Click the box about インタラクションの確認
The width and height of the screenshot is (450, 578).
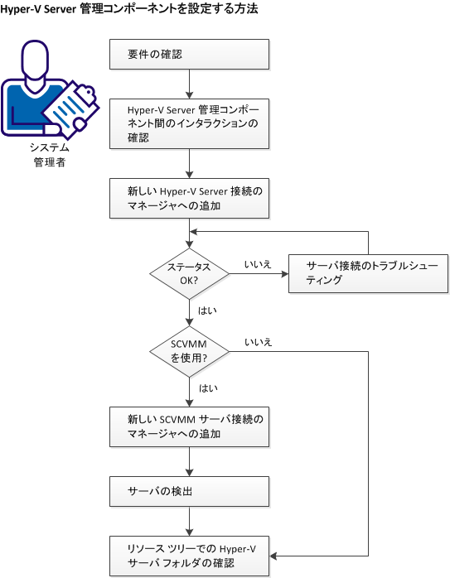(x=191, y=123)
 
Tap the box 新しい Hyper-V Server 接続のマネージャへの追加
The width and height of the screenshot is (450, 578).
(x=191, y=198)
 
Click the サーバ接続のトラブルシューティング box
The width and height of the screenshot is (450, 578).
(x=367, y=272)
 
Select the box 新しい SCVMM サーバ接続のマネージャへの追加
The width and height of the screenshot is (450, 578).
(x=191, y=426)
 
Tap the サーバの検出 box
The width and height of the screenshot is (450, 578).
(x=191, y=490)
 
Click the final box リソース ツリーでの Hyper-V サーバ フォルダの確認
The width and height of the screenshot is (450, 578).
(x=191, y=556)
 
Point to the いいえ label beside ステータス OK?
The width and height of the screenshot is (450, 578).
(x=258, y=263)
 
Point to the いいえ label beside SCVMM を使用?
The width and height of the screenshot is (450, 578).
(x=258, y=341)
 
